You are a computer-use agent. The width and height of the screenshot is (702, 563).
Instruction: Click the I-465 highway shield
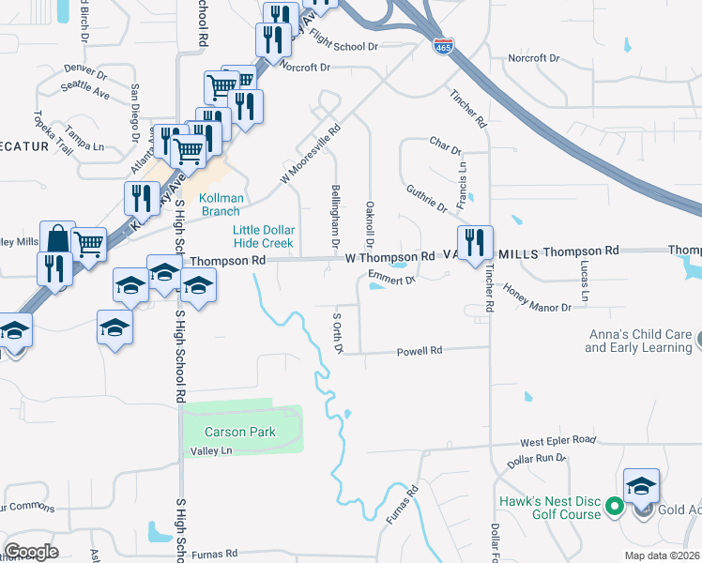tap(441, 45)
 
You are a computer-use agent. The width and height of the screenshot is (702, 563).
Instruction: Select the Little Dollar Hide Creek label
tap(264, 236)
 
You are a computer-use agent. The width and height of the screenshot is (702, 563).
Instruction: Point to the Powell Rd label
tap(420, 351)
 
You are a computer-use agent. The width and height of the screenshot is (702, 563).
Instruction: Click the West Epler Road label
tap(558, 440)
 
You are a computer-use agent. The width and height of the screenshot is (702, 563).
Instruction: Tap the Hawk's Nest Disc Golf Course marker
tap(615, 508)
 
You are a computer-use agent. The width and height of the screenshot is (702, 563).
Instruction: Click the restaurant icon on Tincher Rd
tap(475, 243)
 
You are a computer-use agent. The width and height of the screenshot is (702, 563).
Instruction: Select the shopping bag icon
tap(56, 239)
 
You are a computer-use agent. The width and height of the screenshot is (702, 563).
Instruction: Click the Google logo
tap(32, 551)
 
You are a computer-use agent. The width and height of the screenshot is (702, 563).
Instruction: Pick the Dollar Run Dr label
tap(537, 460)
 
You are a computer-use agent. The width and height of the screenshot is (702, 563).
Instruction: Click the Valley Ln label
tap(211, 450)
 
